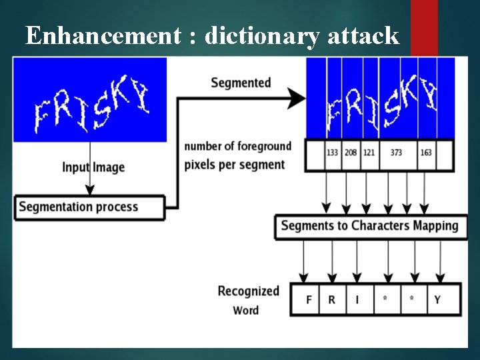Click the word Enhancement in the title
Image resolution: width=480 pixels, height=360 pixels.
pos(102,35)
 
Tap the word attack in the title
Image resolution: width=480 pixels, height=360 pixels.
pos(363,35)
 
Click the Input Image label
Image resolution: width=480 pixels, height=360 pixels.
pos(93,167)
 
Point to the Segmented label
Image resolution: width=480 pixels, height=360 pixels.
pos(241,83)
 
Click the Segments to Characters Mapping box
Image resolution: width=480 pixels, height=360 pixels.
pos(369,226)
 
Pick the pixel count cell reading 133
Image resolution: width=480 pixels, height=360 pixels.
pos(333,153)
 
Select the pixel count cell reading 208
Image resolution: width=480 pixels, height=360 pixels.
pos(351,153)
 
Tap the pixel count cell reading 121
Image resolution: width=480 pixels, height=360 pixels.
pos(369,153)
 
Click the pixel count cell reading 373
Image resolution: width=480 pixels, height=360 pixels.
pos(396,153)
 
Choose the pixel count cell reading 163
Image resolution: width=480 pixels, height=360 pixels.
pos(426,153)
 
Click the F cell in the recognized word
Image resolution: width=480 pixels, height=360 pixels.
pos(309,299)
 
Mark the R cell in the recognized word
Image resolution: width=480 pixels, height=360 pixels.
pos(332,299)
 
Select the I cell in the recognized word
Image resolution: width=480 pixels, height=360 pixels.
pos(357,299)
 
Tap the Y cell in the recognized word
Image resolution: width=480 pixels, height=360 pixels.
pos(437,299)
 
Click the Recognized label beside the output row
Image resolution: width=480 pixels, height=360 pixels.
pos(248,291)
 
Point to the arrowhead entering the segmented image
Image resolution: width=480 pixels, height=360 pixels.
pos(297,100)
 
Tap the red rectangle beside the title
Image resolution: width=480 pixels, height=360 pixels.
pos(424,27)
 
